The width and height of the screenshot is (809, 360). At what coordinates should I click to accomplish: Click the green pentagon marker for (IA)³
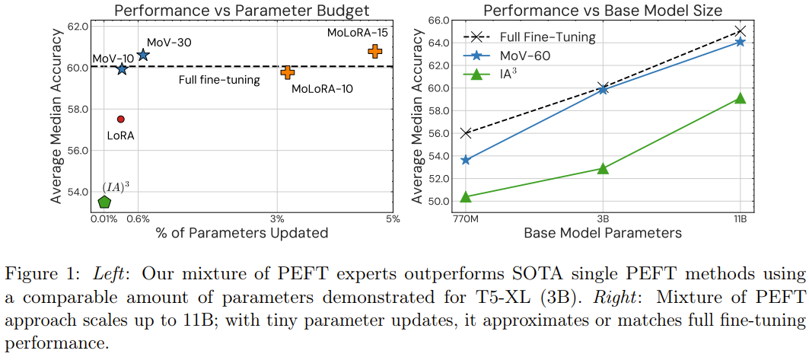104,202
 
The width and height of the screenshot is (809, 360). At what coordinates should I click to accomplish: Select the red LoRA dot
120,119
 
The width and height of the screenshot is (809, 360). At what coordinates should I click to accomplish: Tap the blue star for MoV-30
143,55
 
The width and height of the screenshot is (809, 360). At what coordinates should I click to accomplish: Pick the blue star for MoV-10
122,69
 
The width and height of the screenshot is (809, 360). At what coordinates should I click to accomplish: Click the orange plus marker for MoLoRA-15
374,51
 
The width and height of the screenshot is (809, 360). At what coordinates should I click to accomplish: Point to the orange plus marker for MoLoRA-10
287,72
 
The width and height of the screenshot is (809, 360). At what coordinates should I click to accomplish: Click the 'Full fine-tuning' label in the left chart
219,80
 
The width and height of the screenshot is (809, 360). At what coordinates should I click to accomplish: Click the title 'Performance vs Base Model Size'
604,11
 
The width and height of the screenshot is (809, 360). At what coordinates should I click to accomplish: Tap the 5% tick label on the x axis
392,219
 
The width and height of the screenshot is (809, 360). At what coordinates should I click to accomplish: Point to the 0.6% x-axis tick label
137,219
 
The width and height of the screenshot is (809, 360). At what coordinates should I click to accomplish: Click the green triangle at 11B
740,98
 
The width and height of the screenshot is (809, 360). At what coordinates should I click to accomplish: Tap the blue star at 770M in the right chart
466,160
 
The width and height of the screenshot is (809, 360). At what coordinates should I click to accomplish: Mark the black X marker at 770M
466,133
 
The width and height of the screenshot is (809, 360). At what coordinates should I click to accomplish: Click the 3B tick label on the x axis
602,219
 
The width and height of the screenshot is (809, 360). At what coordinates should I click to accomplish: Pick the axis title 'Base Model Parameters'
602,232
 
